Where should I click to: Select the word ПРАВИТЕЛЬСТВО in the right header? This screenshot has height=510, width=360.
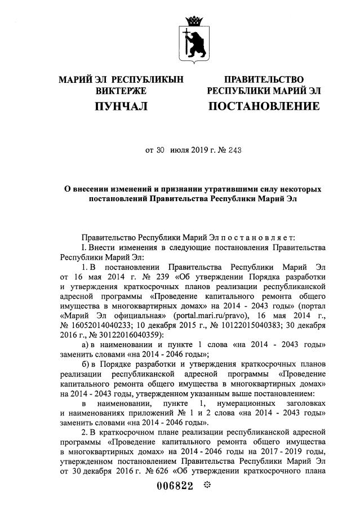pyautogui.click(x=264, y=80)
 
